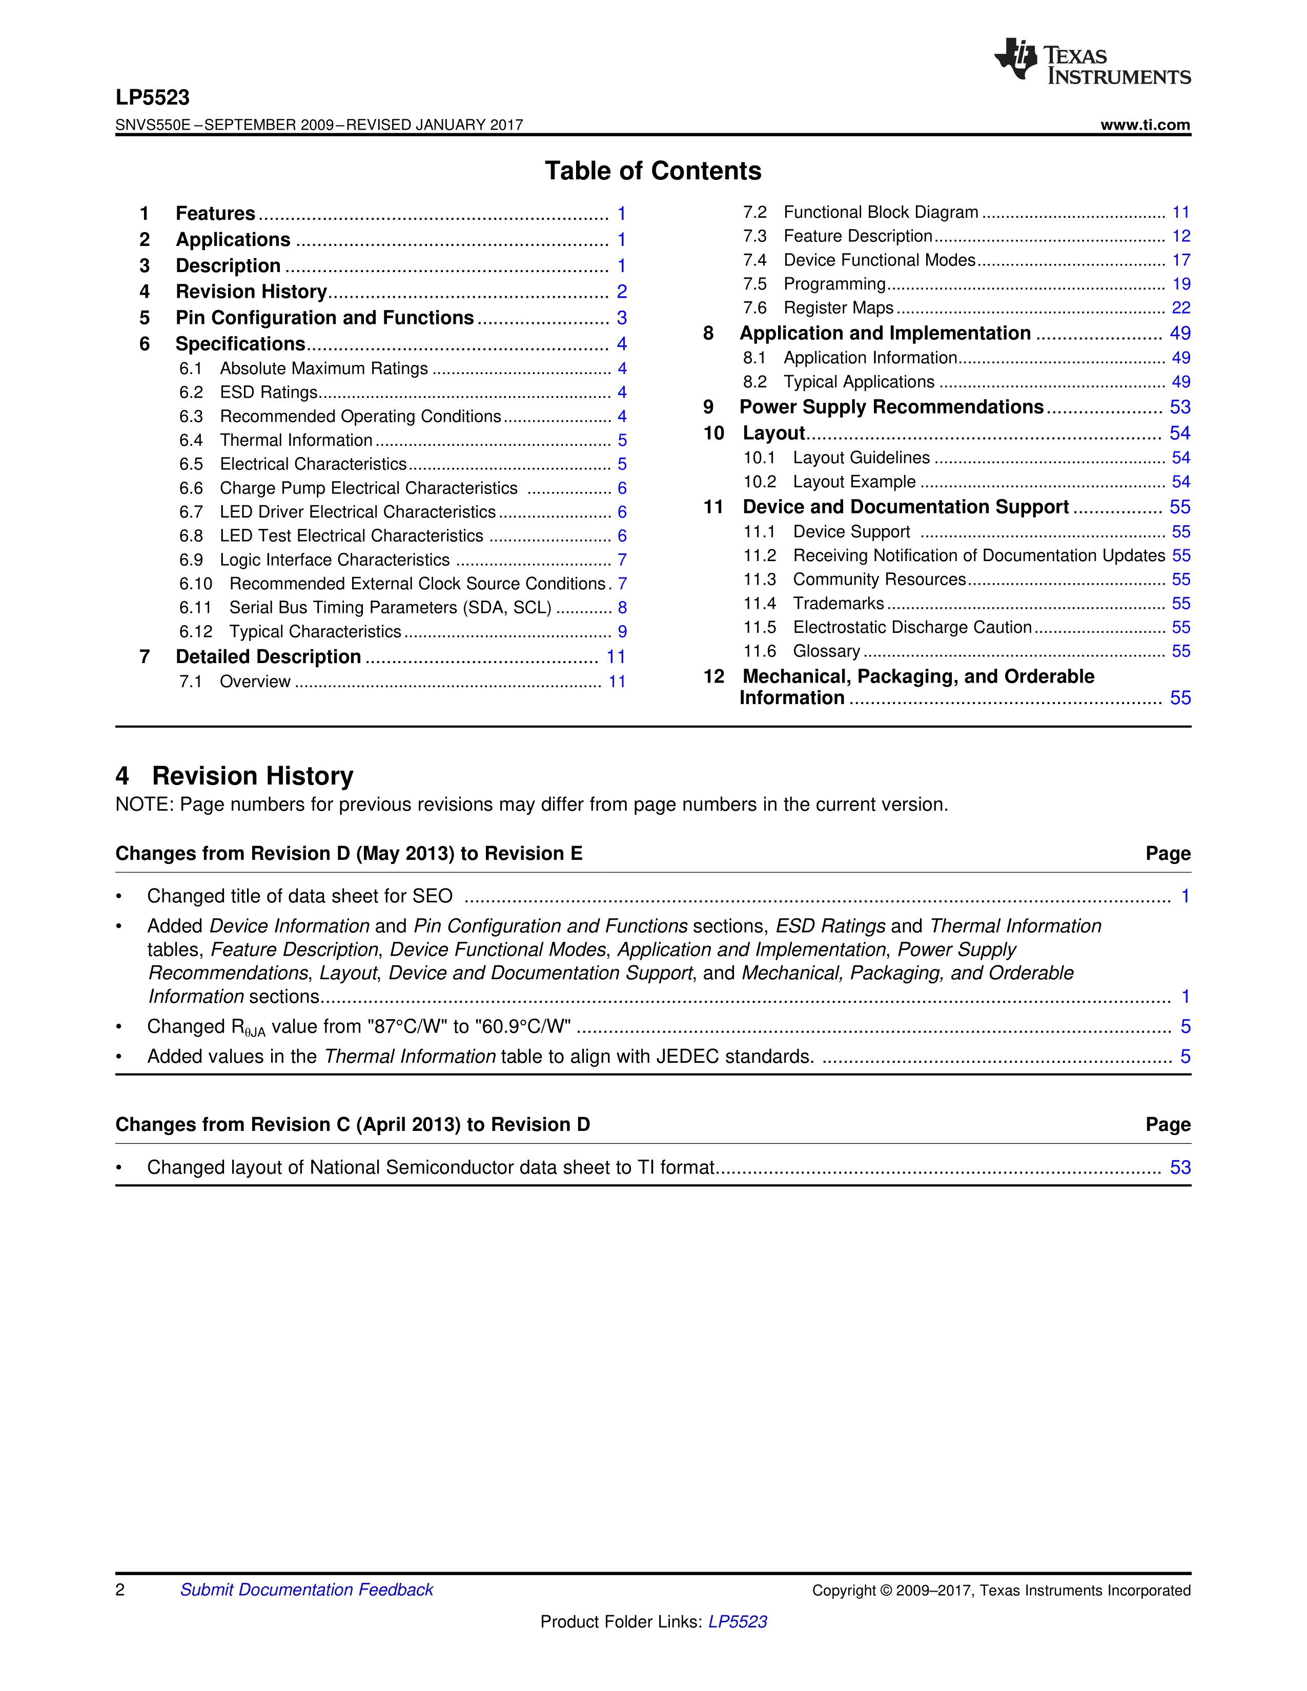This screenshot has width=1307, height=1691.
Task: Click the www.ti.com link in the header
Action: [1145, 125]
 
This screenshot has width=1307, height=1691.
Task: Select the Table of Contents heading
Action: [652, 171]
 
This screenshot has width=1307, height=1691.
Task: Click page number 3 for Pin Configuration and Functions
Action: [622, 318]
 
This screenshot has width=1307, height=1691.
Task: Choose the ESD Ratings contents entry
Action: [269, 393]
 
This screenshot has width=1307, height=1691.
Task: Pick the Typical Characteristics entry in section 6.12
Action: [315, 632]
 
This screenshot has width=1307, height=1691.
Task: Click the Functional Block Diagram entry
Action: [881, 212]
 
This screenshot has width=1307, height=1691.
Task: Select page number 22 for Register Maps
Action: [1180, 308]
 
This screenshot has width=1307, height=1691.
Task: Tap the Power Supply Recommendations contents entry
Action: [891, 407]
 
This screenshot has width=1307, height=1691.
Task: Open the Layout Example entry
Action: [854, 482]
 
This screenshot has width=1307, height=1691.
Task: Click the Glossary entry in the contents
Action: [826, 651]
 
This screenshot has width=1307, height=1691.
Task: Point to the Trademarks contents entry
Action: [838, 603]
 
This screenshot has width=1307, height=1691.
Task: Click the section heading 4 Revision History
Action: [235, 776]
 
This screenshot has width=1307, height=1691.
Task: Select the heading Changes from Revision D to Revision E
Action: [349, 853]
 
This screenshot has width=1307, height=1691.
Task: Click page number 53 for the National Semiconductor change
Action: [1179, 1168]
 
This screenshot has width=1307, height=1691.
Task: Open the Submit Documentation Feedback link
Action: [307, 1590]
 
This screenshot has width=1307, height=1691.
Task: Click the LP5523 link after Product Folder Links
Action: [737, 1621]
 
